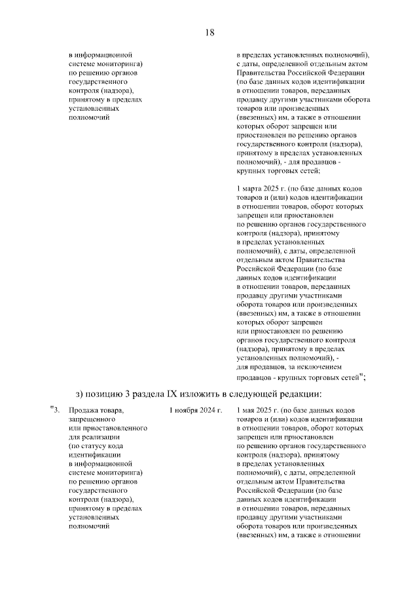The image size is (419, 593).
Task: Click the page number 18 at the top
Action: click(209, 32)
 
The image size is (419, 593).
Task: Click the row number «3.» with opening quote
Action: click(55, 410)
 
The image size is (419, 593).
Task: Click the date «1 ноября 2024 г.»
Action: click(195, 410)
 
